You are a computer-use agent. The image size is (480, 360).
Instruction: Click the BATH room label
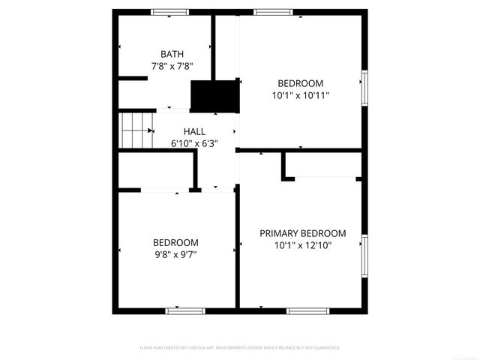tap(172, 54)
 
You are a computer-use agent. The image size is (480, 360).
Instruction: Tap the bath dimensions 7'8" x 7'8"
tap(172, 66)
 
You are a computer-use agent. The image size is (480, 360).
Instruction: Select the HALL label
tap(194, 132)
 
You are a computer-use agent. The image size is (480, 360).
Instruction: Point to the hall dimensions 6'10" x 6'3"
tap(194, 144)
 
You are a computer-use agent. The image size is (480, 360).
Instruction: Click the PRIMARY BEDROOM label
tap(302, 233)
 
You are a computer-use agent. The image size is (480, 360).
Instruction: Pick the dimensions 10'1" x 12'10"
tap(302, 245)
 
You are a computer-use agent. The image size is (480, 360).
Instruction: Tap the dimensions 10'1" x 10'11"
tap(300, 95)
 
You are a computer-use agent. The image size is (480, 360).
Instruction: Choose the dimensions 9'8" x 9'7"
tap(175, 254)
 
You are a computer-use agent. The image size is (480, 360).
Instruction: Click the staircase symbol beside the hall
tap(136, 130)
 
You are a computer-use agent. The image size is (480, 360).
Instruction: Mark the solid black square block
tap(214, 95)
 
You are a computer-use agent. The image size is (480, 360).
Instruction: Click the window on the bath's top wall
tap(170, 12)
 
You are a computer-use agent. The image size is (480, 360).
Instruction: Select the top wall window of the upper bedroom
tap(273, 12)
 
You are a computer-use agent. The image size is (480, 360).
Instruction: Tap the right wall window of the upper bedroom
tap(364, 88)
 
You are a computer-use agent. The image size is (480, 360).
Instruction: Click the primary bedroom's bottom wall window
tap(307, 310)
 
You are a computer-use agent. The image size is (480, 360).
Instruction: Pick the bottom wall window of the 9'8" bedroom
tap(185, 310)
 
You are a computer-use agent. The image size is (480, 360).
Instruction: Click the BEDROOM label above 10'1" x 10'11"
tap(300, 83)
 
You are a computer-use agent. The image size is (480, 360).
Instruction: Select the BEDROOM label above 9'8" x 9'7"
tap(175, 242)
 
